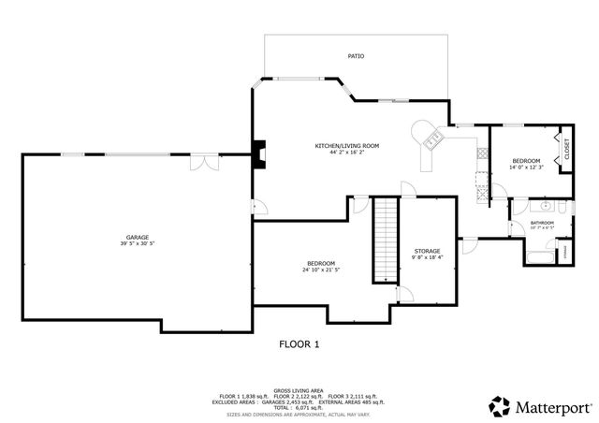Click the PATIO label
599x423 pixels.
click(x=356, y=56)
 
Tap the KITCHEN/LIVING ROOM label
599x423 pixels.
click(x=346, y=145)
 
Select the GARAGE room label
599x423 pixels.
click(x=138, y=237)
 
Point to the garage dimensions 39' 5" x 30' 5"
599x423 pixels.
click(x=138, y=243)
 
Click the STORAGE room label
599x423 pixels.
click(x=427, y=251)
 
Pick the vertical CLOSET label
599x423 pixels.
click(x=566, y=148)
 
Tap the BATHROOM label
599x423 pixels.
click(x=542, y=222)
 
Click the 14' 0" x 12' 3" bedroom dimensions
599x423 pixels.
click(x=525, y=167)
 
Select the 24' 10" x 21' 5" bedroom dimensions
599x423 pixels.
click(x=321, y=270)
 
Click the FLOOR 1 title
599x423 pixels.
click(x=299, y=344)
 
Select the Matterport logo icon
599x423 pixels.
click(x=498, y=406)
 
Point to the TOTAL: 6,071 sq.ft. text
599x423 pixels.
click(x=299, y=408)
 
